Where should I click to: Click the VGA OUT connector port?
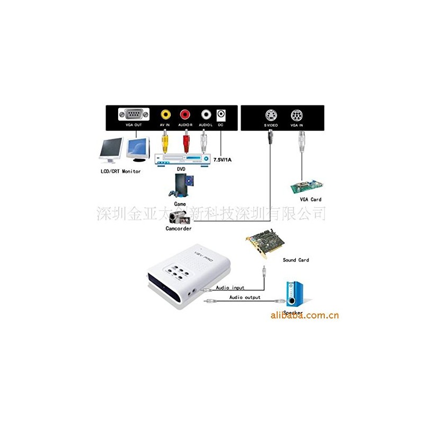pyautogui.click(x=130, y=114)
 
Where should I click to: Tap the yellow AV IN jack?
pyautogui.click(x=166, y=114)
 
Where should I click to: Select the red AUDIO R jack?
pyautogui.click(x=185, y=114)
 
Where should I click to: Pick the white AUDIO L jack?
pyautogui.click(x=205, y=114)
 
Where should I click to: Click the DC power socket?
pyautogui.click(x=220, y=114)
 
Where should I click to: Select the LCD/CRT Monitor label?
pyautogui.click(x=121, y=172)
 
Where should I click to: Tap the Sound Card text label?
pyautogui.click(x=296, y=260)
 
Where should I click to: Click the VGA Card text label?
pyautogui.click(x=311, y=199)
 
